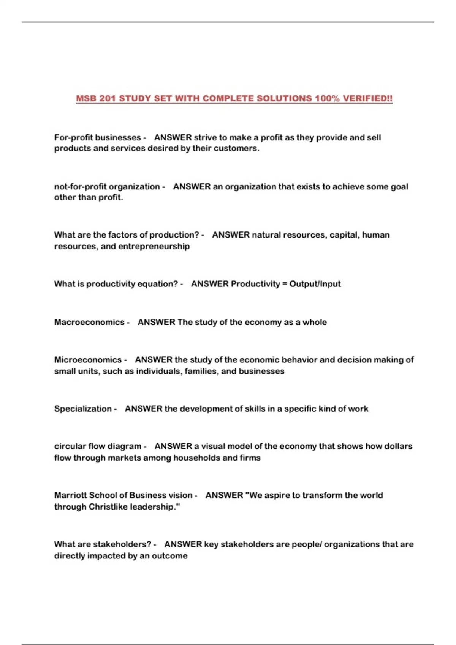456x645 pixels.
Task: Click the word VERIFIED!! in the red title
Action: [367, 99]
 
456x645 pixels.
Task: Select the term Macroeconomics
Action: [89, 322]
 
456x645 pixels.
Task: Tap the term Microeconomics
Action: [88, 360]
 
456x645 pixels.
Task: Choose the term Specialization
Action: [83, 409]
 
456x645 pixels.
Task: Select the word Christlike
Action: [108, 507]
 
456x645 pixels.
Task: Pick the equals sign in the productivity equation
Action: [285, 284]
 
